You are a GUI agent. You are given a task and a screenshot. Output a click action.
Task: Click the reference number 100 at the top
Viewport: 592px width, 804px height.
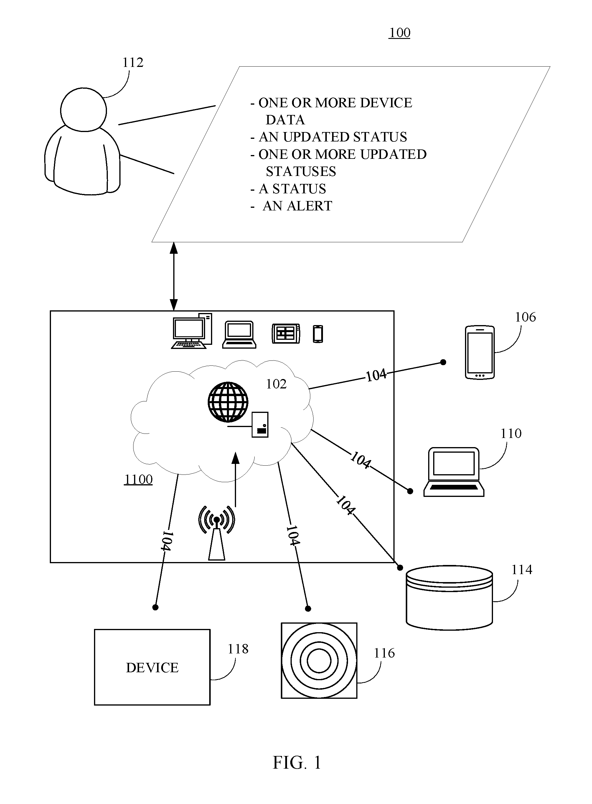pyautogui.click(x=400, y=33)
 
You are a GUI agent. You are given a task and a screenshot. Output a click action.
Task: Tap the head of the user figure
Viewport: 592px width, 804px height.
pyautogui.click(x=83, y=110)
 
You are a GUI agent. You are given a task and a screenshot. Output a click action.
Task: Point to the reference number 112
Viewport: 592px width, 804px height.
pyautogui.click(x=133, y=63)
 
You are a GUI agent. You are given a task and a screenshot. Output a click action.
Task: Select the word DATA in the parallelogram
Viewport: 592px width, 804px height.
pyautogui.click(x=285, y=120)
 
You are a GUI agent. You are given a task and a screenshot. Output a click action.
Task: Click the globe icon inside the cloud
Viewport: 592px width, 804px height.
pyautogui.click(x=228, y=402)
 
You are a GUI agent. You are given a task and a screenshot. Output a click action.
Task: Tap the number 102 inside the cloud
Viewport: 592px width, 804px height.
pyautogui.click(x=276, y=384)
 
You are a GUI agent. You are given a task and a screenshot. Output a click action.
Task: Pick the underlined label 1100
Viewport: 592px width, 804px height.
pyautogui.click(x=138, y=479)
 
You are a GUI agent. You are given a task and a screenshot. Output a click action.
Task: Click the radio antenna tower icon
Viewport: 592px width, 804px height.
pyautogui.click(x=217, y=533)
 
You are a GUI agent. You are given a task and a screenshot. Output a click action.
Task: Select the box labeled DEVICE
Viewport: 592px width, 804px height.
pyautogui.click(x=152, y=668)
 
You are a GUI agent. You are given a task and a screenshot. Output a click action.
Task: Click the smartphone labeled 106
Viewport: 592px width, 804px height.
pyautogui.click(x=480, y=352)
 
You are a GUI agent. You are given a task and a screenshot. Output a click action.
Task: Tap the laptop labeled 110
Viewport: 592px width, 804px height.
pyautogui.click(x=454, y=472)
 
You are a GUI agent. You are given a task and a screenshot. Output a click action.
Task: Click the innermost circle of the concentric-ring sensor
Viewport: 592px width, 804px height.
pyautogui.click(x=319, y=661)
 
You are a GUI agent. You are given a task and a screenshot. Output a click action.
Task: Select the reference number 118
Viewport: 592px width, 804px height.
pyautogui.click(x=238, y=649)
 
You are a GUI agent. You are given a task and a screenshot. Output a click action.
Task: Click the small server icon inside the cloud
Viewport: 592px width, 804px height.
pyautogui.click(x=260, y=425)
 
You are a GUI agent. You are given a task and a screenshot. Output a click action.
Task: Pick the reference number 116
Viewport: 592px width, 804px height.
pyautogui.click(x=384, y=653)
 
